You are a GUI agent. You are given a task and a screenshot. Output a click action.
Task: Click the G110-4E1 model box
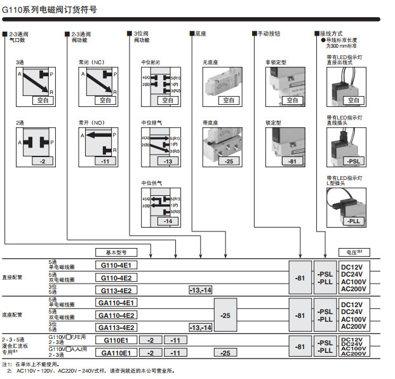tap(117, 265)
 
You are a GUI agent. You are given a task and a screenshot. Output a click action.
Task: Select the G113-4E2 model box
tap(117, 290)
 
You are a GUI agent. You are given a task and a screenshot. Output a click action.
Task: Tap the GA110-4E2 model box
tap(117, 315)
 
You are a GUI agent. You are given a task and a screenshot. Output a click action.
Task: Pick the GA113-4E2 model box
tap(117, 327)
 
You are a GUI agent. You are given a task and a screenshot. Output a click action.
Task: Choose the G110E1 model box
tap(117, 340)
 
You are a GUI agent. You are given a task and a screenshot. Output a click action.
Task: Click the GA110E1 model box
tap(117, 352)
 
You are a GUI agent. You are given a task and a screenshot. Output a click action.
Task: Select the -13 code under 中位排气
tap(167, 162)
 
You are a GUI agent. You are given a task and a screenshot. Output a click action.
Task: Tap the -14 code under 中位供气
tap(167, 220)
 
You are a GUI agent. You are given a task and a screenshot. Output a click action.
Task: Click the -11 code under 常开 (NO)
tap(105, 162)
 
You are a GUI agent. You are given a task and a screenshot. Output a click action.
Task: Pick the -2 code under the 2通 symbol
tap(43, 162)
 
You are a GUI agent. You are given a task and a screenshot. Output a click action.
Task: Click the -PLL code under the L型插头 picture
tap(354, 220)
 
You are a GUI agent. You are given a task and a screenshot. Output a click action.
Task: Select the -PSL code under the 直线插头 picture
tap(354, 162)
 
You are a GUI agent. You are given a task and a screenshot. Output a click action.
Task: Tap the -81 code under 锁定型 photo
tap(292, 162)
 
